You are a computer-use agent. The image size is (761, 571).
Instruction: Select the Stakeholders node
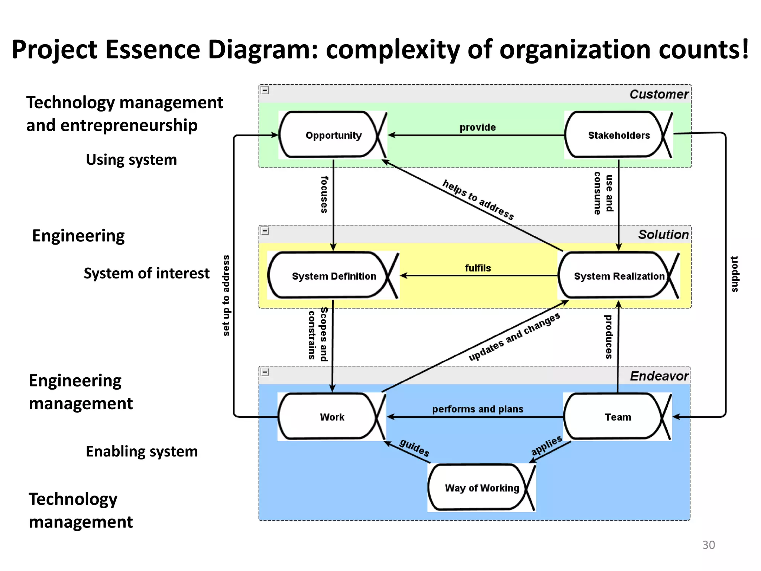618,135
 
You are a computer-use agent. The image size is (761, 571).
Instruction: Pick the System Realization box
619,276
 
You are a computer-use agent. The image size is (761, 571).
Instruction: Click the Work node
332,417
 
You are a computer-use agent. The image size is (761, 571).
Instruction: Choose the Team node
618,417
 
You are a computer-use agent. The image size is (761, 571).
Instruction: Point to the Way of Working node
482,488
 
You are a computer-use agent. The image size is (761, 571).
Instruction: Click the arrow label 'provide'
477,128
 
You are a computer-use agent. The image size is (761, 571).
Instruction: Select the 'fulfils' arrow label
478,268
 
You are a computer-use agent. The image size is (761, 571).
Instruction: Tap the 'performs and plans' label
478,409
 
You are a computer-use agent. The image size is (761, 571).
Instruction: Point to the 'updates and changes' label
514,337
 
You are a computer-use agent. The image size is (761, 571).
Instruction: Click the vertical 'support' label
735,274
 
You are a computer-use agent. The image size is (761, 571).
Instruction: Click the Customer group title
659,94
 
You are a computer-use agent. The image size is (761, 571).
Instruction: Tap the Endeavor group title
659,376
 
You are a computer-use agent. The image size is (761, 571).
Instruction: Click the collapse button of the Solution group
265,231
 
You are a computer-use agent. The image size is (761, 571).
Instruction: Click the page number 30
708,545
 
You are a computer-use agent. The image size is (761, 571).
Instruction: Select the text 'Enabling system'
142,451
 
